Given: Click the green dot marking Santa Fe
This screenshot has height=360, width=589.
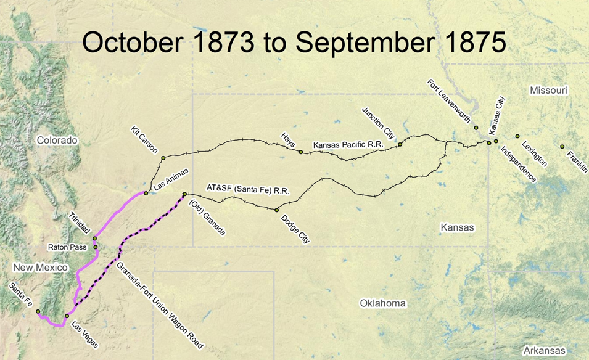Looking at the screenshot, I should point(38,311).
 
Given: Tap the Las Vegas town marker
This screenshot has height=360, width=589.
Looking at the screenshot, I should point(67,316).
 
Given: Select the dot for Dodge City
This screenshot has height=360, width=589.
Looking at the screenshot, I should point(277,210).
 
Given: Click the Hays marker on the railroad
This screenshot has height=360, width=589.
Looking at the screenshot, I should point(300,152).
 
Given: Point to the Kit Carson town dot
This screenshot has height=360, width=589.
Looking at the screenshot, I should point(163,158).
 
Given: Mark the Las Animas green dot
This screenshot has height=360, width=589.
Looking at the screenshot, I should point(146,194).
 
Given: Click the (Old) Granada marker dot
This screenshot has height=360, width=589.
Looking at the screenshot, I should point(184,195).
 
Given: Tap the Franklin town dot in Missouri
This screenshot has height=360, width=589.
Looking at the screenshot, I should point(562,146).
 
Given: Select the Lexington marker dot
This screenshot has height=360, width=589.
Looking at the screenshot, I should point(517,136).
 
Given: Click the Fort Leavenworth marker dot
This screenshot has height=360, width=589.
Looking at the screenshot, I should point(476,128).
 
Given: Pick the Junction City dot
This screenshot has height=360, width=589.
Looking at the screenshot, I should point(400,144).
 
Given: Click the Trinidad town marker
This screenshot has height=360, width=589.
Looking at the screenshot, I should point(95,239).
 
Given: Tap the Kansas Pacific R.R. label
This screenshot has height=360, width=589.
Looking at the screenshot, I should point(348,145).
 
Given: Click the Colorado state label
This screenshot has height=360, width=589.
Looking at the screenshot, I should point(57,141).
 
